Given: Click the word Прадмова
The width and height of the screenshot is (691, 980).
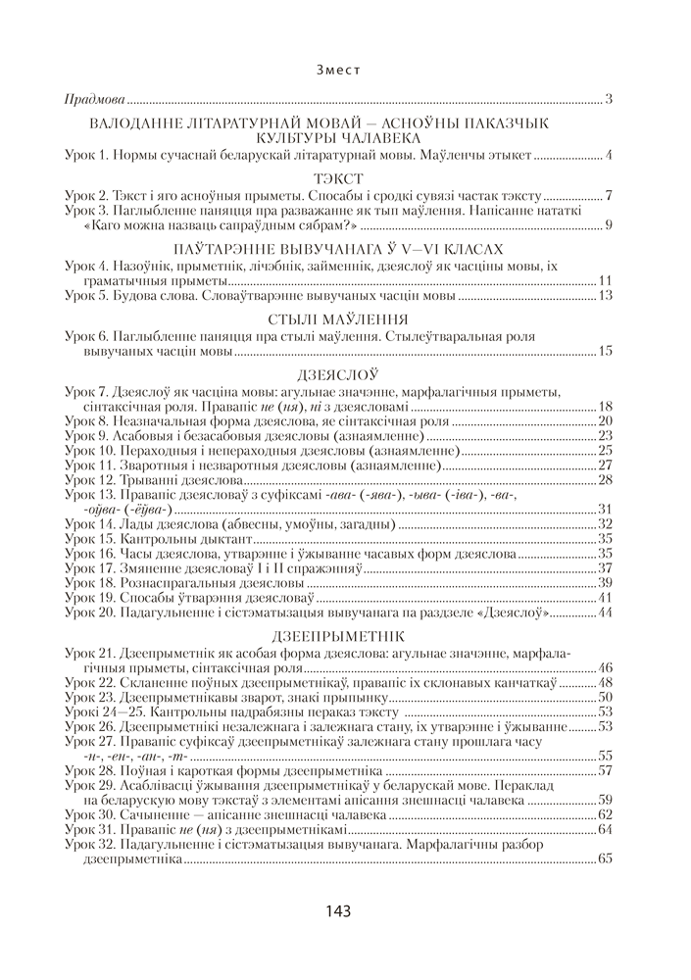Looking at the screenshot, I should pyautogui.click(x=94, y=100).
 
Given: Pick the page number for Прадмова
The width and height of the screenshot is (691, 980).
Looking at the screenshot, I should pyautogui.click(x=609, y=100).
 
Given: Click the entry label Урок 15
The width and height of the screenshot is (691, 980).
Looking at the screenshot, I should pyautogui.click(x=90, y=539).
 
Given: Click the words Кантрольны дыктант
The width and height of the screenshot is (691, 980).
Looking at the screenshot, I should pyautogui.click(x=186, y=539).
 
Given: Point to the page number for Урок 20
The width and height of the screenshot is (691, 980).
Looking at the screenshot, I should pyautogui.click(x=605, y=612).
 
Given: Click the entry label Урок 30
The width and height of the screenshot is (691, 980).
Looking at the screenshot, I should pyautogui.click(x=90, y=814).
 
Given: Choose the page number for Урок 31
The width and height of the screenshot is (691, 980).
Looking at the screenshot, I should pyautogui.click(x=605, y=829).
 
